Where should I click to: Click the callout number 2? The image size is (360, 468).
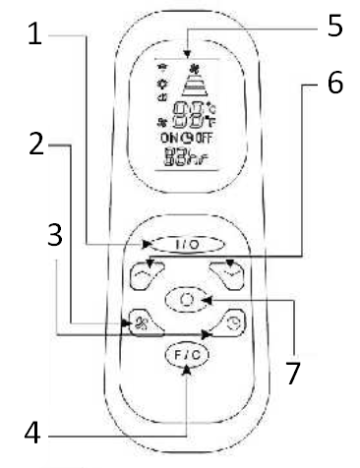click(35, 145)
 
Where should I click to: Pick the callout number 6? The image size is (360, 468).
click(334, 83)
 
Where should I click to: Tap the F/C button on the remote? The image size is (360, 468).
click(186, 356)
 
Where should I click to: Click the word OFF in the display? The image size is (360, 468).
click(207, 140)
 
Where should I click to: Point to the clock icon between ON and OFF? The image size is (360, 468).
click(187, 140)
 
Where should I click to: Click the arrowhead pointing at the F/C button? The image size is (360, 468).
click(186, 377)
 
